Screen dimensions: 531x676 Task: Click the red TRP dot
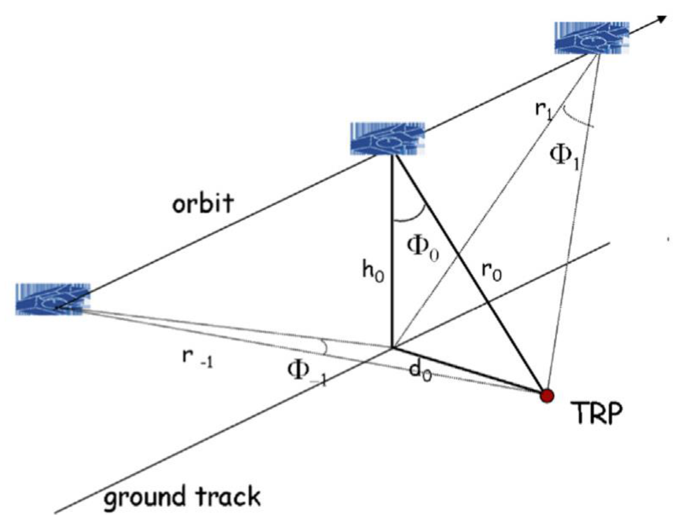tap(547, 396)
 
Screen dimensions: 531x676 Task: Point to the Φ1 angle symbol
tap(564, 157)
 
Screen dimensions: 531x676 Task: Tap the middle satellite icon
tap(387, 139)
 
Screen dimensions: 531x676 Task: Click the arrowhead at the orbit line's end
tap(662, 20)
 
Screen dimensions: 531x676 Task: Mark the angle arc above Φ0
tap(409, 217)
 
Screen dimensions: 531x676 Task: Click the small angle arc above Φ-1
tap(325, 347)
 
